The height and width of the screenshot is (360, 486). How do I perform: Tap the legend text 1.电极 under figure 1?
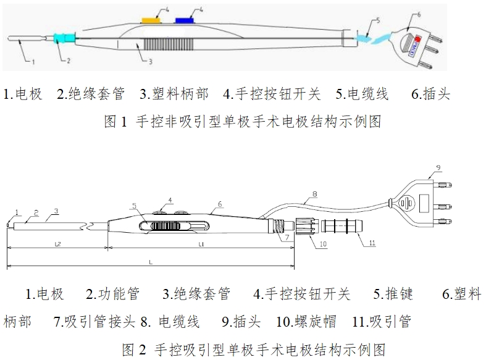tap(23, 94)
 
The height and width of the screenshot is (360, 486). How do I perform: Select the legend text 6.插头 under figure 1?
tap(430, 94)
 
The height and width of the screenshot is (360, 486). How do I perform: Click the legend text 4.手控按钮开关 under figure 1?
tap(272, 94)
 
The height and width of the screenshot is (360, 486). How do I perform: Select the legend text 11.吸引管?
tap(380, 322)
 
